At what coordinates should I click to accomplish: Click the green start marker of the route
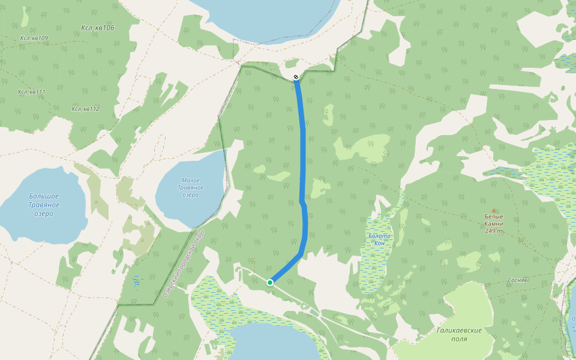270,283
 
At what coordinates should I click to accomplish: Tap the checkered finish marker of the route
296,77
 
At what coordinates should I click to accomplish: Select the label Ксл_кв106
97,28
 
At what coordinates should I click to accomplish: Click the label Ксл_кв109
34,38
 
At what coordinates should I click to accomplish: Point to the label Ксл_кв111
32,92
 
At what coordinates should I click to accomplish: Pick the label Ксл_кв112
85,109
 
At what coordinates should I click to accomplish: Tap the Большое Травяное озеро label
44,205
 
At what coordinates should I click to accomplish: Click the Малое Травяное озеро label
191,188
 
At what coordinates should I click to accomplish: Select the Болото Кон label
379,239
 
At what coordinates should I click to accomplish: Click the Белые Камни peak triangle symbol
494,210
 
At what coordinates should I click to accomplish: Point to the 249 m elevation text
494,230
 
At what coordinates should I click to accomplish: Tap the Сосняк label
517,280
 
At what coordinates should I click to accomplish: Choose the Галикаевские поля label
460,334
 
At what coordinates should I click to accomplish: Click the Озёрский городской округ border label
184,263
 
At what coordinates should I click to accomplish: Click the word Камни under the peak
494,223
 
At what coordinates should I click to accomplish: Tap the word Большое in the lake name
44,196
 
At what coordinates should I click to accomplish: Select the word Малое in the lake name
191,180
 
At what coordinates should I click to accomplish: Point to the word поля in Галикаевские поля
460,339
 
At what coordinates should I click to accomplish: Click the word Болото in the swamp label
379,236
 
